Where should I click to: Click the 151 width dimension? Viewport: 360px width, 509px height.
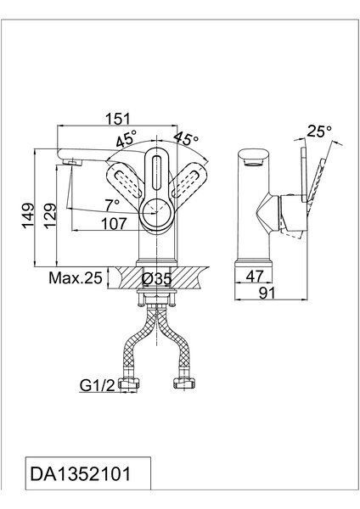click(x=117, y=119)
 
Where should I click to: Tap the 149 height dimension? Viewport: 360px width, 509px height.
click(x=28, y=215)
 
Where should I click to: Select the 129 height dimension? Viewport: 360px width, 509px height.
click(x=50, y=215)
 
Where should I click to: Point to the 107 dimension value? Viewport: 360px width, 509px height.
click(x=114, y=224)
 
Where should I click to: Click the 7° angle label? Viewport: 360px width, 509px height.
click(x=112, y=204)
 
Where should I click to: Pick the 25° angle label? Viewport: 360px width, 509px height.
click(x=319, y=131)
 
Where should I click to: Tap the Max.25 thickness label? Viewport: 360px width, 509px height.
click(x=76, y=278)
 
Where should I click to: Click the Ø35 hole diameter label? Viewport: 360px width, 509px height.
click(x=157, y=278)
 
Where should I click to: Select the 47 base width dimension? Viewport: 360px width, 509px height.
click(x=254, y=277)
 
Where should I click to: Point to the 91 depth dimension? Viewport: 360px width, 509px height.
click(x=267, y=294)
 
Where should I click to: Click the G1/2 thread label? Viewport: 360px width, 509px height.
click(x=97, y=385)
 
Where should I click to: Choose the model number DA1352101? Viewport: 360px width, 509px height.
click(x=81, y=473)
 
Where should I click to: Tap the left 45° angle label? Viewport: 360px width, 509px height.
click(x=126, y=140)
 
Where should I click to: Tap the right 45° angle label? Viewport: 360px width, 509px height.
click(x=186, y=138)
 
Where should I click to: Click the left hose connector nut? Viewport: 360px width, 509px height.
click(x=129, y=383)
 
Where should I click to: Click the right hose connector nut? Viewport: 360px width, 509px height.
click(x=184, y=383)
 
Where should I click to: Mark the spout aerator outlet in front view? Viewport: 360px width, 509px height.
click(x=72, y=162)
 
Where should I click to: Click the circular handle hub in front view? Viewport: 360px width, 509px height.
click(x=157, y=213)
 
